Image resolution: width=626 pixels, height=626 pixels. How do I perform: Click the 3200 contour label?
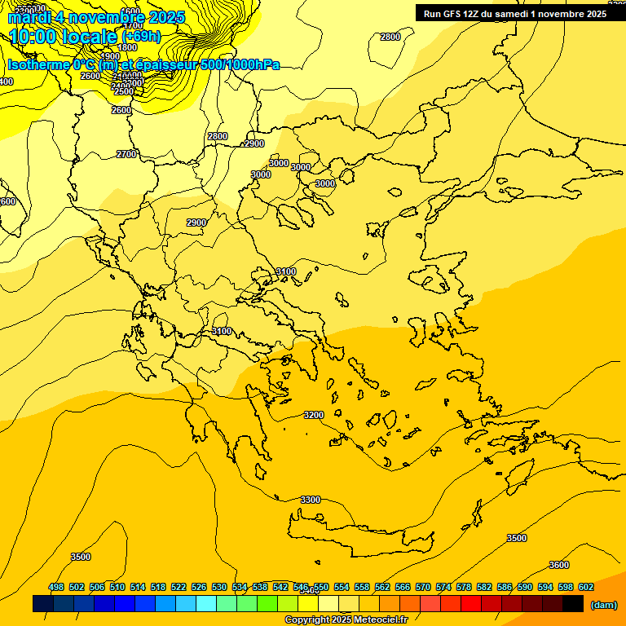[x=314, y=415]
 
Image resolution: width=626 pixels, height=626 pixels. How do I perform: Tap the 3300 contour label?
[x=311, y=500]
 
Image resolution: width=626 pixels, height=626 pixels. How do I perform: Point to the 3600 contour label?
[x=559, y=565]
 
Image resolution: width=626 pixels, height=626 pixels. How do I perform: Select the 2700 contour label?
[x=126, y=154]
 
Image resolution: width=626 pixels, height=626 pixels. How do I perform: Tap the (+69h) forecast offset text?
[x=142, y=37]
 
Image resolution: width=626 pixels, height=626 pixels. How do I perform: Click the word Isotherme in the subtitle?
[x=38, y=64]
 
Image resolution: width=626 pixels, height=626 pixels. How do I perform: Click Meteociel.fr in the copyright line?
[x=376, y=620]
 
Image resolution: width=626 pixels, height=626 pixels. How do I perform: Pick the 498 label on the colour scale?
[x=56, y=587]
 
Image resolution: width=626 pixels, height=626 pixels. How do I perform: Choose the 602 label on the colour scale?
[x=586, y=587]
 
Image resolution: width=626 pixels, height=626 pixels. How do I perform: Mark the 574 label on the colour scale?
[x=443, y=587]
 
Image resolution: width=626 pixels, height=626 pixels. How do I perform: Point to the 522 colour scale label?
[x=179, y=587]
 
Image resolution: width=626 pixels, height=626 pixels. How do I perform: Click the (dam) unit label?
[x=604, y=604]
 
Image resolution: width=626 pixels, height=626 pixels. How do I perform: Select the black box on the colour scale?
[x=573, y=604]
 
